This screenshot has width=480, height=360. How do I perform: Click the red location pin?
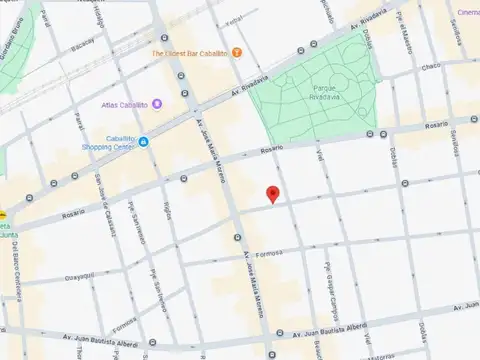click(272, 194)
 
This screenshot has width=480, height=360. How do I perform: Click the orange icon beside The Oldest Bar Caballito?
click(236, 52)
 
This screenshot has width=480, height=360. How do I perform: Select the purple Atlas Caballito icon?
click(156, 104)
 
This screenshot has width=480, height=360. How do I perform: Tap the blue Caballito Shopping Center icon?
click(144, 142)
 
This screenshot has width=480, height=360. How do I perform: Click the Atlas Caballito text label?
click(124, 104)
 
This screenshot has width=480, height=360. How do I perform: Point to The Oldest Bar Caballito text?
click(189, 52)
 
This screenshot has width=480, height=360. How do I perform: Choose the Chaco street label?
click(430, 66)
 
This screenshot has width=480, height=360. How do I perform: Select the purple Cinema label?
click(467, 12)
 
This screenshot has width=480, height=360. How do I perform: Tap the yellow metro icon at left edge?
click(3, 214)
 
